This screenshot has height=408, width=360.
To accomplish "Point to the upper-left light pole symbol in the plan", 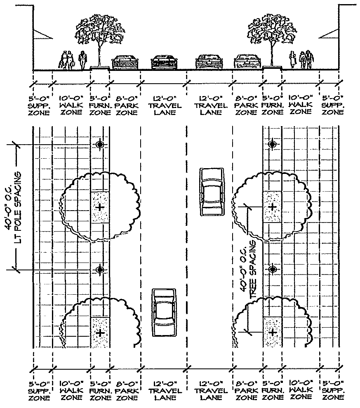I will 99,144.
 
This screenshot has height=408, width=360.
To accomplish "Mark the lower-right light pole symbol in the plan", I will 272,270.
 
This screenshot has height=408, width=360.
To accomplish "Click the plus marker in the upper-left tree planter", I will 99,207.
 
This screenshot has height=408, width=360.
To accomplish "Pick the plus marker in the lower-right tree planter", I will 272,332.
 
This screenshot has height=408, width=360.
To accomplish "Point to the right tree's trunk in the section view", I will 272,54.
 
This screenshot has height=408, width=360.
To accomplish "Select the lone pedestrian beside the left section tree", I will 82,60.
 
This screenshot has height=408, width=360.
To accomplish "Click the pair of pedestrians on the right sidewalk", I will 306,60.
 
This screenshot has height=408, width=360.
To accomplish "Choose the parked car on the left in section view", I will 125,62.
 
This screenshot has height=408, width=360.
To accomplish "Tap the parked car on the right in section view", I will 247,62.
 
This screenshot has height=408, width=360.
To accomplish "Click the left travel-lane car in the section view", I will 164,62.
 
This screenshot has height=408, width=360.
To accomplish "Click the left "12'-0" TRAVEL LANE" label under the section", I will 164,106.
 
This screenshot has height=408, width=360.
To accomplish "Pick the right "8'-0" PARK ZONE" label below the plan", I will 246,391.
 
